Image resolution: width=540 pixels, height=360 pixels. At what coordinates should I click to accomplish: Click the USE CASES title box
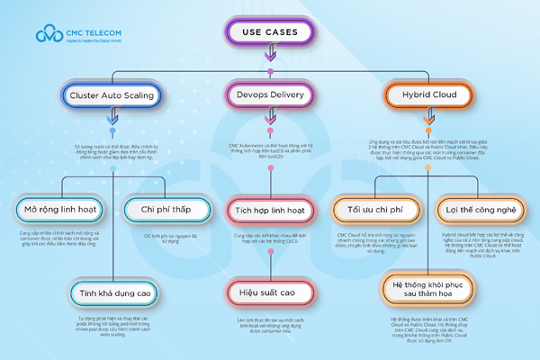[270, 32]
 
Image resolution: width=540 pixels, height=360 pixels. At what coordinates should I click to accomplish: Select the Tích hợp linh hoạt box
[270, 210]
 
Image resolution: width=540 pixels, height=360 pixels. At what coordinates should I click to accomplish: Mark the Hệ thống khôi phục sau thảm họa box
[424, 285]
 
